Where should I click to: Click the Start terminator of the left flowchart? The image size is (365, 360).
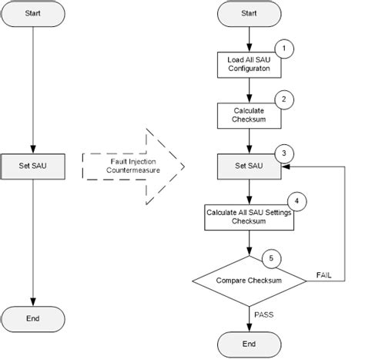click(33, 13)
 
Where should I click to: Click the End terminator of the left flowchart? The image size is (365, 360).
click(33, 319)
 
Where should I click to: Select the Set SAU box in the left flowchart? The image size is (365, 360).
click(33, 167)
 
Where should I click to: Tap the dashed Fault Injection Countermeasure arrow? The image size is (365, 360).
click(133, 167)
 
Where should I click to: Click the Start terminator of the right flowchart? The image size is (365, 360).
click(249, 13)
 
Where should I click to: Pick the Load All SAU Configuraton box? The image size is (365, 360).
click(249, 65)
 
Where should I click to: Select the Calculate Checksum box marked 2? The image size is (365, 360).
click(249, 116)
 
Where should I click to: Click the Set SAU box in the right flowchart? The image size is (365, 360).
click(249, 167)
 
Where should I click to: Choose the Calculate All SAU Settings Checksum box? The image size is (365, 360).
click(249, 217)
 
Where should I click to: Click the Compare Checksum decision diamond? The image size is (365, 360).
click(249, 281)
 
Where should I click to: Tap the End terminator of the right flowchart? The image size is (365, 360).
click(249, 345)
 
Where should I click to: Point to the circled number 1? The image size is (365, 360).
click(284, 49)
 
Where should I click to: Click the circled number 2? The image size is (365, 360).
click(284, 99)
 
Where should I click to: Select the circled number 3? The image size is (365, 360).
click(284, 153)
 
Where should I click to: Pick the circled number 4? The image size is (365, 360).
click(297, 201)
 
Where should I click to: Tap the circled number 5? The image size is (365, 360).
click(271, 258)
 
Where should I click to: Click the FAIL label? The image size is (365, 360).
click(323, 275)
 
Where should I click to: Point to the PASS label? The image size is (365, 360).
click(264, 315)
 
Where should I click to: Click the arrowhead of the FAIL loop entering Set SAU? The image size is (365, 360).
click(286, 167)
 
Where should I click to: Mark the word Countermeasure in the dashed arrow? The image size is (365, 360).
click(133, 170)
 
